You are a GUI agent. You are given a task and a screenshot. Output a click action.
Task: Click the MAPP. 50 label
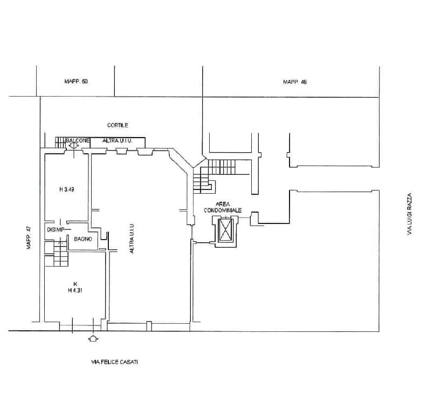[x=76, y=81]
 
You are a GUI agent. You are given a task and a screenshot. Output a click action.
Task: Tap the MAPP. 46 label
[x=295, y=81]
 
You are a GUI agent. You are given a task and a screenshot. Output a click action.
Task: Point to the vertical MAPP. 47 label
[x=29, y=237]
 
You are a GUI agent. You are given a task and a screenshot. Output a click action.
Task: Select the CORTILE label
[x=118, y=125]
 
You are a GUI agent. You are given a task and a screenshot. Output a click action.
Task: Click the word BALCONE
[x=78, y=140]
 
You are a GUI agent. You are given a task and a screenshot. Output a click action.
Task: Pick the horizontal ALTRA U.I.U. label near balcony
[x=118, y=141]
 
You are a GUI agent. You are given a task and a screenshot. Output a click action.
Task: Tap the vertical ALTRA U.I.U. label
[x=132, y=238]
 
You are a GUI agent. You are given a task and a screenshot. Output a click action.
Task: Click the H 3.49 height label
[x=67, y=189]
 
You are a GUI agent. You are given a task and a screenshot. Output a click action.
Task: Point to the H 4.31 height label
[x=75, y=290]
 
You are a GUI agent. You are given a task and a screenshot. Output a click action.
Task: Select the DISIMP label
[x=56, y=230]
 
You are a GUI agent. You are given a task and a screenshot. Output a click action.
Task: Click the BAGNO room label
[x=83, y=239]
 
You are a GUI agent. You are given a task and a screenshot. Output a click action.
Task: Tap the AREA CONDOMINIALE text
[x=223, y=207]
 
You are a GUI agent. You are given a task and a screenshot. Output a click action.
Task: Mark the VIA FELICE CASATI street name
[x=114, y=362]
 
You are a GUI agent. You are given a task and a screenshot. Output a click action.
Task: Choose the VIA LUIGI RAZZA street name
[x=410, y=214]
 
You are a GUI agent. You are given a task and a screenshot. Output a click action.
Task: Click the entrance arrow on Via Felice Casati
[x=93, y=338]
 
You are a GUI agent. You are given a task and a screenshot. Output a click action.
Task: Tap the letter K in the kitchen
[x=75, y=284]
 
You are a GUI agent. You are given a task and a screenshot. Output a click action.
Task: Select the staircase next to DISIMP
[x=57, y=254]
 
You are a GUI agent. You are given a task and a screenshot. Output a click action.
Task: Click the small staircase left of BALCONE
[x=60, y=142]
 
